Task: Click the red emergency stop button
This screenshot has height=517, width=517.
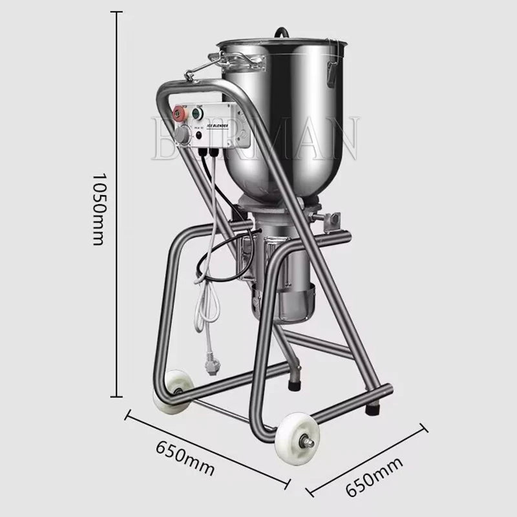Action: pos(179,113)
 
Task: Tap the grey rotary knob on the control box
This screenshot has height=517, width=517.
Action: pos(183,135)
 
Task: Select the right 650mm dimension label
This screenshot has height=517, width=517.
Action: pos(370,476)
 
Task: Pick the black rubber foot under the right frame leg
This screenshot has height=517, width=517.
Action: pos(374,408)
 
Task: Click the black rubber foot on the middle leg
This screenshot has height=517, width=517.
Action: pos(295,386)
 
